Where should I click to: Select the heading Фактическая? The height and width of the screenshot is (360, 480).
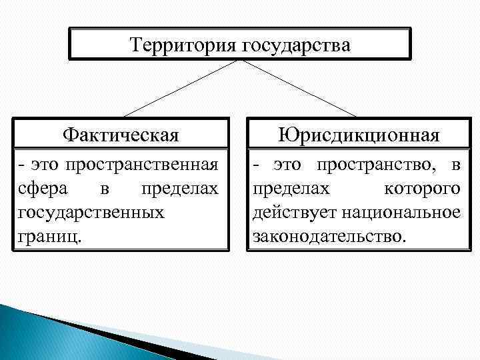121,135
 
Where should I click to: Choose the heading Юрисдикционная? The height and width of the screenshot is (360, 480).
359,135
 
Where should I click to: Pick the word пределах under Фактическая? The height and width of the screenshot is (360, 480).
179,189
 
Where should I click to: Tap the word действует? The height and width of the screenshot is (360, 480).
294,213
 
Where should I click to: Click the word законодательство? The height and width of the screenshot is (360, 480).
329,237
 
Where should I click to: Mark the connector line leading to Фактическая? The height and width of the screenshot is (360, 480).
180,88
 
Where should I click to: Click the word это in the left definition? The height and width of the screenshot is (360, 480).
41,165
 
